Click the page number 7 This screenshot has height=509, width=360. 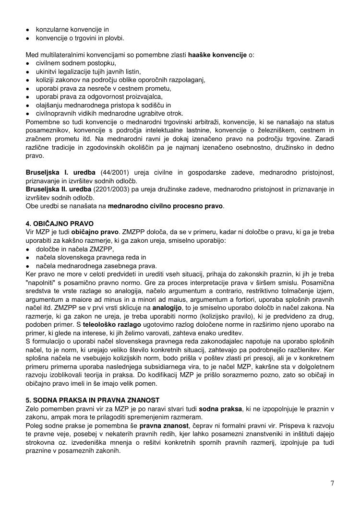click(x=332, y=483)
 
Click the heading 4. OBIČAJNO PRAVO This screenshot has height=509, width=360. click(x=60, y=224)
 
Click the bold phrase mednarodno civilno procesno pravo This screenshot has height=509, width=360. click(x=166, y=207)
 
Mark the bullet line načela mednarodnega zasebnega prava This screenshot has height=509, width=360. click(x=96, y=266)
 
